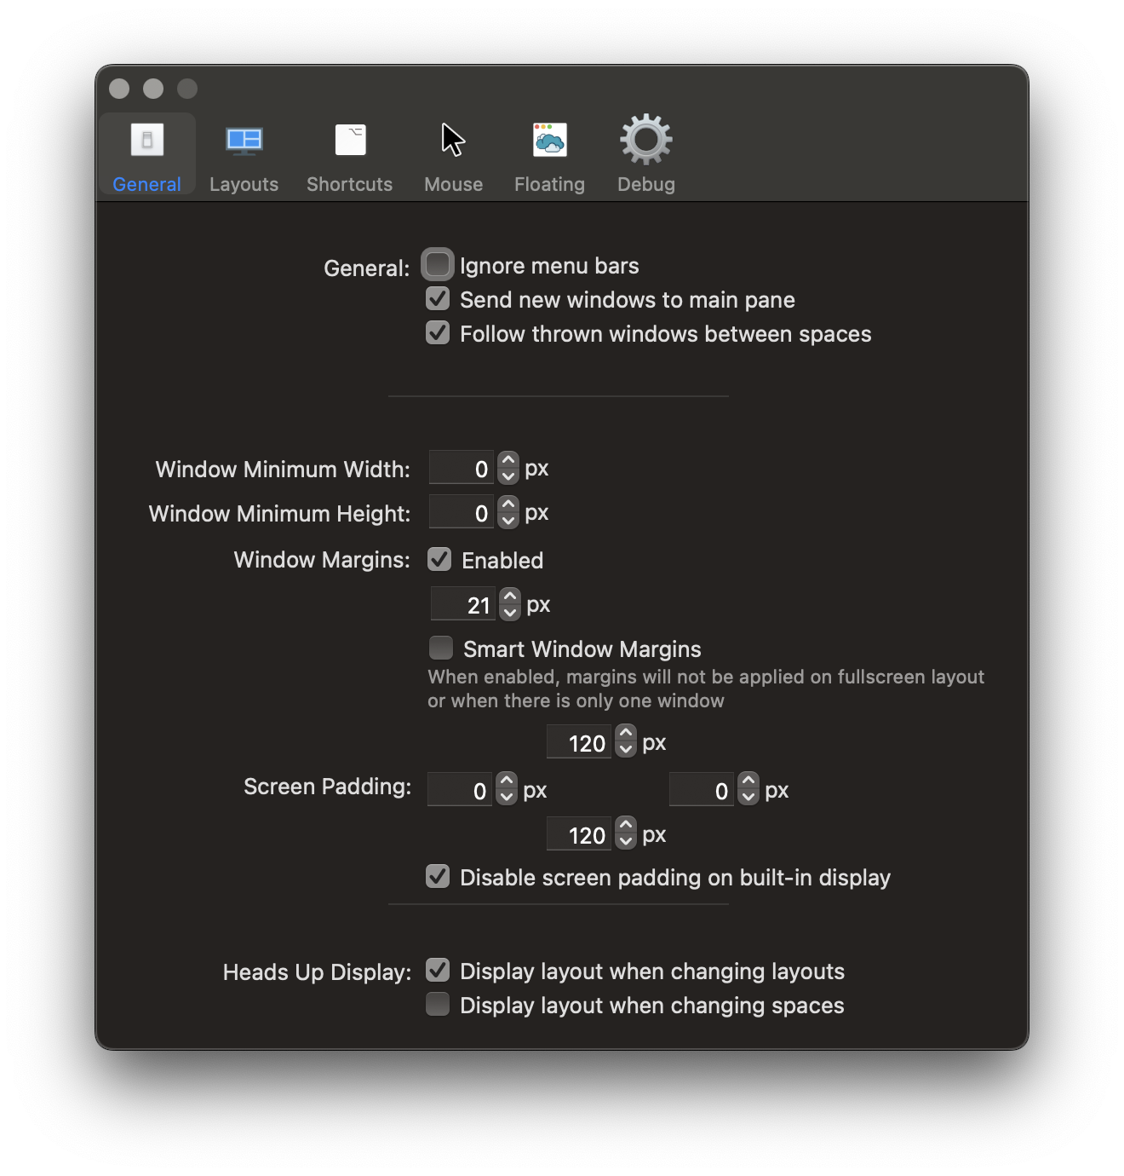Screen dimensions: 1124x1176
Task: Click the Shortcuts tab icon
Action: point(350,141)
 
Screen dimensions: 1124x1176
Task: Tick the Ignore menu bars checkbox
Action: point(438,264)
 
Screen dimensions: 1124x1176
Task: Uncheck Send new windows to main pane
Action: point(438,298)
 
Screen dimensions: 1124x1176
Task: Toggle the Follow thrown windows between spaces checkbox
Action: point(438,332)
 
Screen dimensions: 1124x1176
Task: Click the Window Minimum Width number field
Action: point(461,468)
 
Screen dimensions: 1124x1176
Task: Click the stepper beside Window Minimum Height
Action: point(508,512)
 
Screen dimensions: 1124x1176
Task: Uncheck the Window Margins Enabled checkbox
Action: point(439,560)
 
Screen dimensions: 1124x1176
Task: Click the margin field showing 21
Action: point(462,604)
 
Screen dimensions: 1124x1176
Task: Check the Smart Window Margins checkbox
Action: point(440,648)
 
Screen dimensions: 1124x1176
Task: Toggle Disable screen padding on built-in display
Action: point(438,876)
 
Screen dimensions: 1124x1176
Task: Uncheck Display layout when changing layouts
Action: point(438,970)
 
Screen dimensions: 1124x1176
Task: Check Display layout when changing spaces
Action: point(438,1004)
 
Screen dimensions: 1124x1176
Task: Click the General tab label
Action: point(146,184)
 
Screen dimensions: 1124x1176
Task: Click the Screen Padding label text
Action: point(327,787)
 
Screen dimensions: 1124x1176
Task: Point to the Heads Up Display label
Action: point(317,972)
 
